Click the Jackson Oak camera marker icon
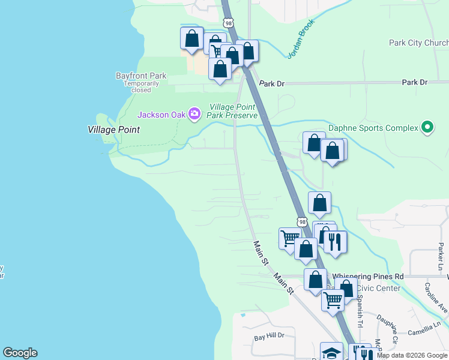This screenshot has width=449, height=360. tap(194, 113)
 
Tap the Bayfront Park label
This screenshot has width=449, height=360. tap(141, 76)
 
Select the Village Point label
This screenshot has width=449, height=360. tap(113, 130)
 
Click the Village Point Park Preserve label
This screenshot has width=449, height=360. tap(233, 111)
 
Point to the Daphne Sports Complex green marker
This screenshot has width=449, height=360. tap(427, 127)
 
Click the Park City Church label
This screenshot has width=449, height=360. tap(418, 43)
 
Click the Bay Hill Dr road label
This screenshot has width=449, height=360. tap(268, 337)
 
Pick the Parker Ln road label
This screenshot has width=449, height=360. tap(441, 256)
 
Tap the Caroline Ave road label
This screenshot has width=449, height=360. tap(436, 298)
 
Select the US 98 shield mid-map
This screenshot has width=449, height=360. tap(301, 222)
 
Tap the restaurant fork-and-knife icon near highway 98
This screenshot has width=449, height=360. tap(334, 242)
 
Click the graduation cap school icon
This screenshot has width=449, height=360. tap(331, 353)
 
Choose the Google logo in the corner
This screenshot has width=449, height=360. tap(20, 353)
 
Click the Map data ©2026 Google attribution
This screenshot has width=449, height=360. tap(412, 355)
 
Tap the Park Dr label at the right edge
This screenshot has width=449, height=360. tap(415, 82)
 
